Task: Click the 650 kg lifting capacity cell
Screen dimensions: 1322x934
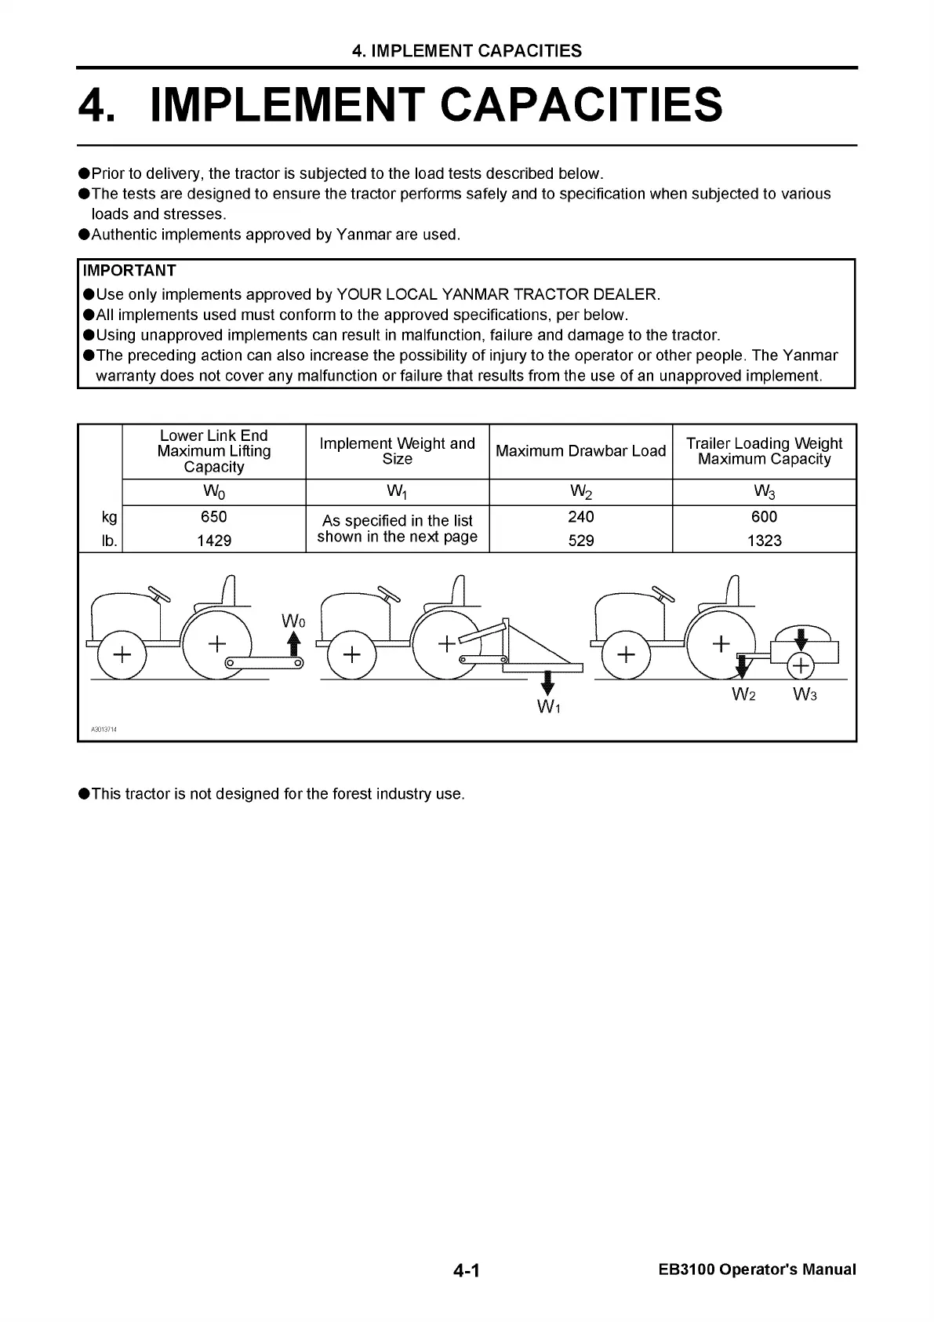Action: pyautogui.click(x=213, y=517)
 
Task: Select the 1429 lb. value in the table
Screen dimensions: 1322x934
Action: pyautogui.click(x=213, y=541)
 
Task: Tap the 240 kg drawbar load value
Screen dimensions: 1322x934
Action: pyautogui.click(x=580, y=517)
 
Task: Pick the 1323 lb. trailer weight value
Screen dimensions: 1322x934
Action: pyautogui.click(x=764, y=541)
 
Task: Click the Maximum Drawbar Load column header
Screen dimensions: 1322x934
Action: pyautogui.click(x=580, y=451)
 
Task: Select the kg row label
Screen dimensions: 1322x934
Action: pyautogui.click(x=109, y=517)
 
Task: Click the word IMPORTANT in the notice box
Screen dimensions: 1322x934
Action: pyautogui.click(x=129, y=271)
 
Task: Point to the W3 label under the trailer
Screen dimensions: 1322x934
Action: pyautogui.click(x=805, y=694)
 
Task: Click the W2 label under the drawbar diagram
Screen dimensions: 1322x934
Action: pyautogui.click(x=743, y=694)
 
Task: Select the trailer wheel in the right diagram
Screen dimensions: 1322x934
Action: pyautogui.click(x=800, y=666)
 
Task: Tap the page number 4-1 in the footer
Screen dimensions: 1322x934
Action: pyautogui.click(x=466, y=1270)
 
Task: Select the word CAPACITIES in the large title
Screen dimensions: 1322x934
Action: pyautogui.click(x=581, y=105)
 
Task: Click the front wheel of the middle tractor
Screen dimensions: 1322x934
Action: pyautogui.click(x=351, y=654)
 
